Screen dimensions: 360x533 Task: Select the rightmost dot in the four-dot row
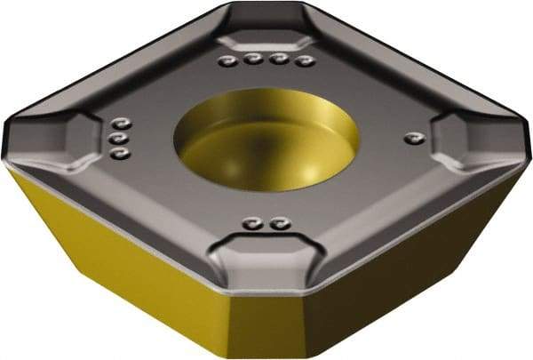[306, 61]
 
